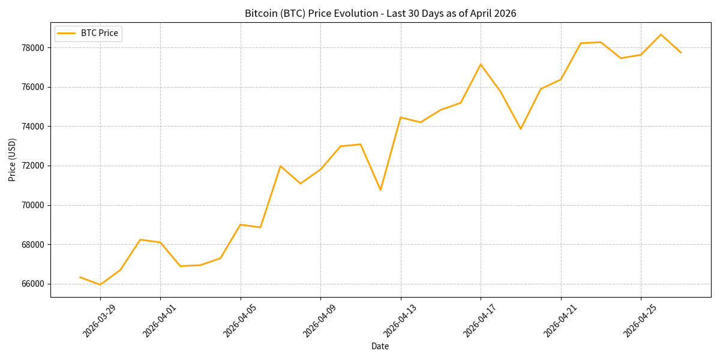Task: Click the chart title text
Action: (380, 13)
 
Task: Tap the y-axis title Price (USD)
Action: (13, 160)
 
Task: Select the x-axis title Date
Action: (380, 346)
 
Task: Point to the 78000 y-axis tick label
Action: (34, 47)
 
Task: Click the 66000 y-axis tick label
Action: (34, 284)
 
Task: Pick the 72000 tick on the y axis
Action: (34, 166)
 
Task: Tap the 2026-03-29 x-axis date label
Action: (99, 321)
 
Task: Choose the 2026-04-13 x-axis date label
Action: (400, 321)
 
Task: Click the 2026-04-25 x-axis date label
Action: (640, 321)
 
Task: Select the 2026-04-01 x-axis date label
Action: (159, 321)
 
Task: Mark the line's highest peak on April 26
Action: (661, 34)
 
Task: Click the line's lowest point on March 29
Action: (100, 284)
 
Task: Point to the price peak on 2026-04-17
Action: (481, 64)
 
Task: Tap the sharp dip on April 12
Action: (380, 190)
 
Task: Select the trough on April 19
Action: (521, 129)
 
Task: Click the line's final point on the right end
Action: (681, 53)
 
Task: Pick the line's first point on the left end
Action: (80, 277)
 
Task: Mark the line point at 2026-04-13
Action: (401, 117)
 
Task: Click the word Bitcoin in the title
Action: (261, 13)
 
